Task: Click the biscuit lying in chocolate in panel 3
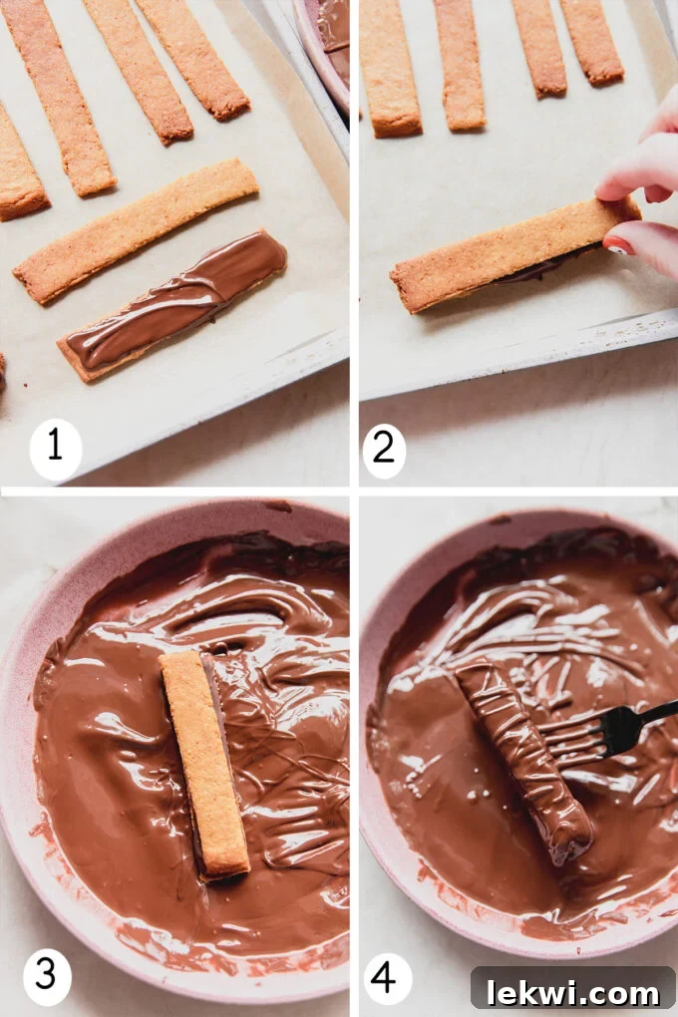coord(204,763)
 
